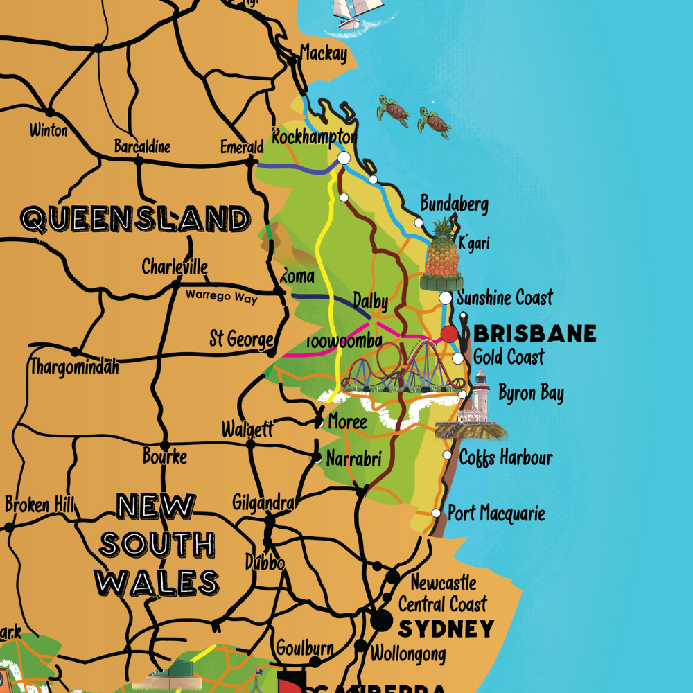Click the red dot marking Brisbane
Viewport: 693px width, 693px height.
click(x=449, y=335)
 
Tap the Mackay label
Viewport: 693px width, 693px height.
click(x=323, y=53)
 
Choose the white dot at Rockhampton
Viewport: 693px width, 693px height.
click(x=344, y=158)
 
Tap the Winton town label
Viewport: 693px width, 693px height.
click(x=49, y=130)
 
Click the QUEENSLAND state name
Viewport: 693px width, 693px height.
click(x=136, y=219)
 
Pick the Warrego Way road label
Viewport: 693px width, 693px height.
click(x=221, y=297)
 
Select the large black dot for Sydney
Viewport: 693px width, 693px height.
click(x=380, y=620)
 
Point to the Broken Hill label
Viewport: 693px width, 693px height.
click(x=39, y=505)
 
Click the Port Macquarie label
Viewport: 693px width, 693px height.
click(x=496, y=514)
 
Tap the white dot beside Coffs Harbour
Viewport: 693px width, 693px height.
click(x=447, y=455)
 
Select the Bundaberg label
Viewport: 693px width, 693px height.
click(x=455, y=204)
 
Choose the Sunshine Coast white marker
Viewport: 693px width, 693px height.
click(x=446, y=298)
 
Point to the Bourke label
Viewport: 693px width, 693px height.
click(x=165, y=457)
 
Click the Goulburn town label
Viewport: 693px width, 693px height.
click(x=305, y=649)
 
